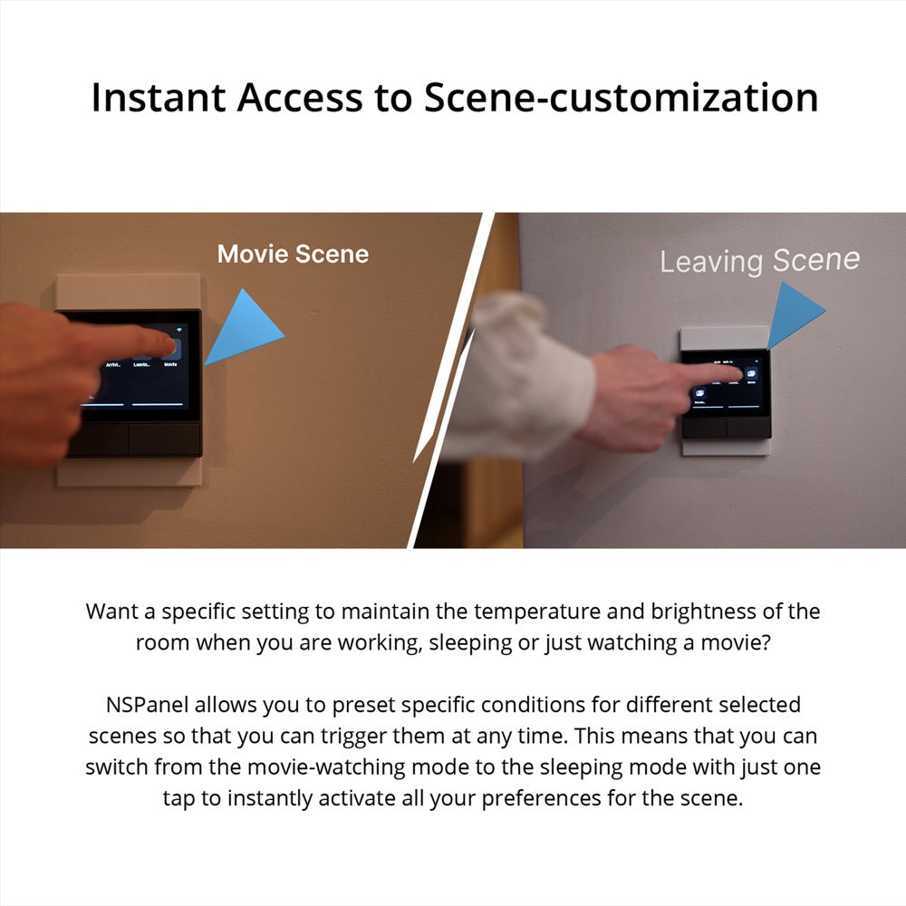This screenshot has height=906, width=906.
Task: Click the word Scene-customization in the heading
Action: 622,98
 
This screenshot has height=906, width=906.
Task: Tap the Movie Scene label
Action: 293,254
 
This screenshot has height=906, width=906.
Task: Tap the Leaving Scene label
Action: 759,261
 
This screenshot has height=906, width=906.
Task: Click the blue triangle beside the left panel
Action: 246,328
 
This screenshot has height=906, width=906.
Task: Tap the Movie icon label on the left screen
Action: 170,365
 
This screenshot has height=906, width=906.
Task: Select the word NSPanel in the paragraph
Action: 149,704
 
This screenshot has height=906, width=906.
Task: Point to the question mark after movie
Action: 766,643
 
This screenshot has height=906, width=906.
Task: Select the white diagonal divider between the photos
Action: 453,381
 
